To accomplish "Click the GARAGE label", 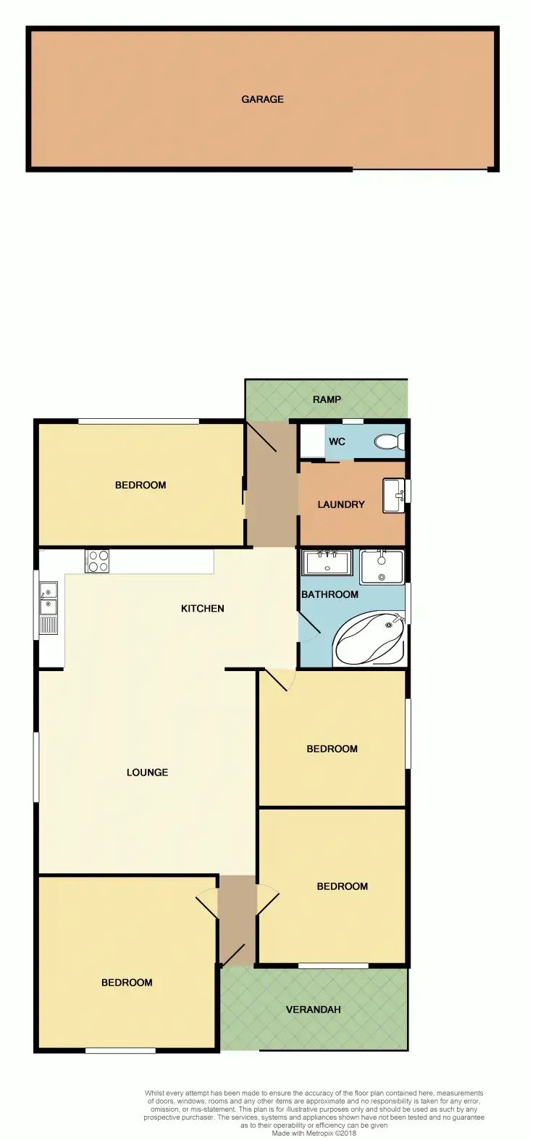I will (x=262, y=99).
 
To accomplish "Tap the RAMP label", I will (x=327, y=399).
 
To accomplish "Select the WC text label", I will (x=337, y=441).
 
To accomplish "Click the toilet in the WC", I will (x=389, y=441).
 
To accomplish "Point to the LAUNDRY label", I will (x=340, y=504).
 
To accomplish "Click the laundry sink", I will (x=393, y=495).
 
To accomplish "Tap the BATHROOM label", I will (x=330, y=594).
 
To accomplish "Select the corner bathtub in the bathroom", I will (x=371, y=638).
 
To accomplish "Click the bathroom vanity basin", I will (x=327, y=562).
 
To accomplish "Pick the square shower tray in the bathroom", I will (x=382, y=567).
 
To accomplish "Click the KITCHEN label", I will (x=202, y=608).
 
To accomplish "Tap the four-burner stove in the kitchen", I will (x=97, y=562).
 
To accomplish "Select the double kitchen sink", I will (x=49, y=607).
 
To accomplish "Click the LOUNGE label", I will (x=147, y=773).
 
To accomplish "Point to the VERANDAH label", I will (x=313, y=1009).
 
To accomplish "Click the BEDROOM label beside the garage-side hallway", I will (x=140, y=485).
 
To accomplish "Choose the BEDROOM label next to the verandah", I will (x=342, y=886).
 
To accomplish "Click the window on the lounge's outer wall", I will (x=35, y=767).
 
